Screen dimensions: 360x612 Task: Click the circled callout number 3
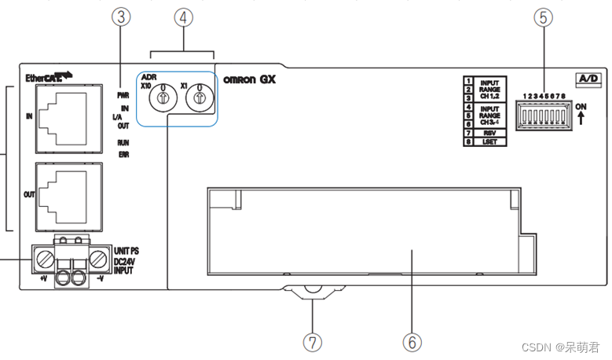120,18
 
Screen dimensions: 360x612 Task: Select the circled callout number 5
543,17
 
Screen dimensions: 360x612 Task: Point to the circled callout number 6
412,342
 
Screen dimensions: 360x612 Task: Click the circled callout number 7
313,342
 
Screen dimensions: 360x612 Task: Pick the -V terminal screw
97,258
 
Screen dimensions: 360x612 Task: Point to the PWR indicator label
123,94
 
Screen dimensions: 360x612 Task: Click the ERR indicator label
124,156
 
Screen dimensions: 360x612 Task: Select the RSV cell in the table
489,134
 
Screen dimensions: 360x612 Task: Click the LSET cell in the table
489,143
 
